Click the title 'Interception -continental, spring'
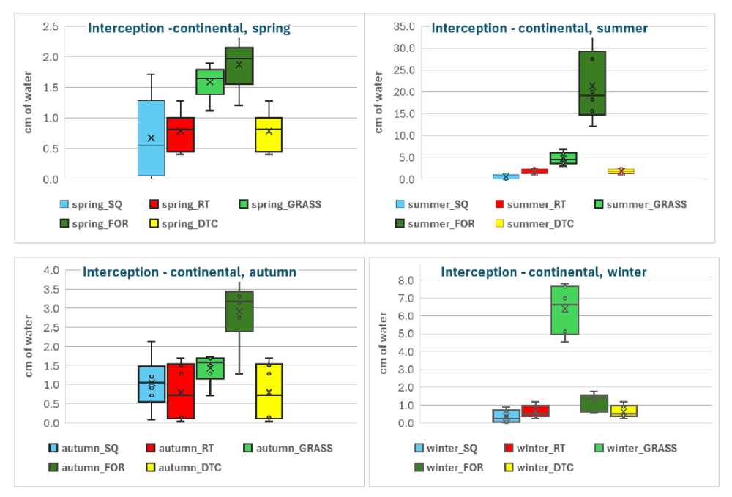(190, 29)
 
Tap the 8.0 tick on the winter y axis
(407, 280)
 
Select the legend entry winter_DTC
(545, 466)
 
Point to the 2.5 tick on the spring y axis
(50, 26)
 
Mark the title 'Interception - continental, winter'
(543, 272)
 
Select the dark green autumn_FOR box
(239, 322)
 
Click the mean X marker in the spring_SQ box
(151, 138)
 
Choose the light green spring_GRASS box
(209, 82)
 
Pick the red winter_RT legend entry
(536, 447)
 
